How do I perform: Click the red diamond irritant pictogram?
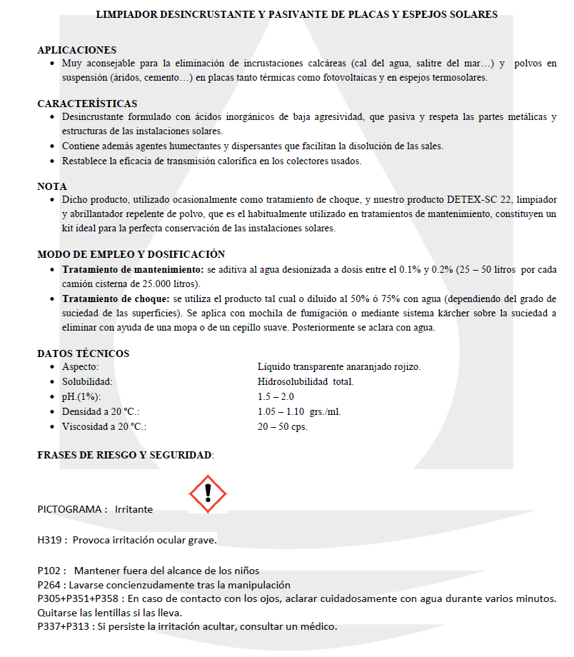(207, 493)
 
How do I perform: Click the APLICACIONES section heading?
(76, 50)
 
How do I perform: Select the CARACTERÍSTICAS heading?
(87, 104)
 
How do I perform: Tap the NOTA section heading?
(52, 186)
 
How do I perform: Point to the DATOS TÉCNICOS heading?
(84, 353)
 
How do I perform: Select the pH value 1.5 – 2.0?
(276, 396)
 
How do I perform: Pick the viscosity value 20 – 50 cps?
(282, 426)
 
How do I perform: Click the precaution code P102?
(51, 571)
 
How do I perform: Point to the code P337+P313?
(66, 627)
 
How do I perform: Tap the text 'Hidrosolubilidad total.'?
(306, 381)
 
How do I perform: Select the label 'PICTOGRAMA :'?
(72, 510)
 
